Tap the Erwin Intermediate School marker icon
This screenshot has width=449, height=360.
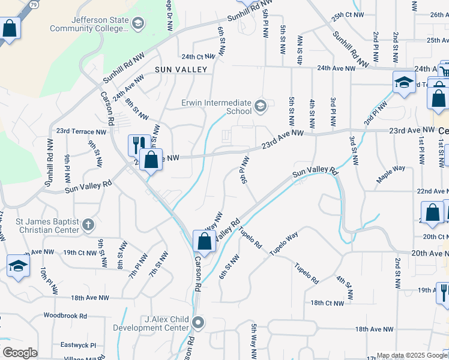click(261, 107)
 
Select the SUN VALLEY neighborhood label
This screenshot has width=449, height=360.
click(181, 70)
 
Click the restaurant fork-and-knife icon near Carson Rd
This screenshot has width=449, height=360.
click(137, 144)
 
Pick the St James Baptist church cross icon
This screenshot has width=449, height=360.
click(88, 225)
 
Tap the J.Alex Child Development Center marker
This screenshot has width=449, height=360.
click(199, 323)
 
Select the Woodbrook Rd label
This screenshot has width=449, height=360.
click(65, 316)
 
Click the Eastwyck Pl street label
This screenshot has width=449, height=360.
click(78, 346)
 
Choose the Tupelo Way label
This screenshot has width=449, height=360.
click(284, 244)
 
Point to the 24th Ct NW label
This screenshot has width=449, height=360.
click(198, 56)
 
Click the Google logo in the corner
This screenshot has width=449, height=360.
click(20, 353)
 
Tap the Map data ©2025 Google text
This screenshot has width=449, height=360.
click(412, 355)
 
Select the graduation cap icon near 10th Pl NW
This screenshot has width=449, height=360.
click(18, 266)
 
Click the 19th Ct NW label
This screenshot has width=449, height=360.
click(80, 253)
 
